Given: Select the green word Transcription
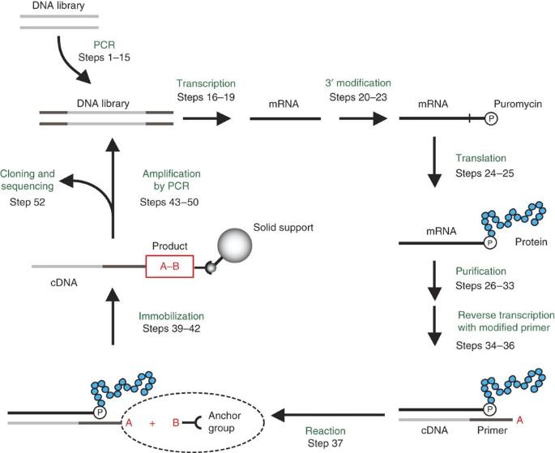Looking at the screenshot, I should pyautogui.click(x=206, y=83).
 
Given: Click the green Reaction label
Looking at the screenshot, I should pyautogui.click(x=327, y=432).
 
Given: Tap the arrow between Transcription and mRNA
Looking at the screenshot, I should pyautogui.click(x=207, y=118).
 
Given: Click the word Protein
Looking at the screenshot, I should pyautogui.click(x=531, y=241).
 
